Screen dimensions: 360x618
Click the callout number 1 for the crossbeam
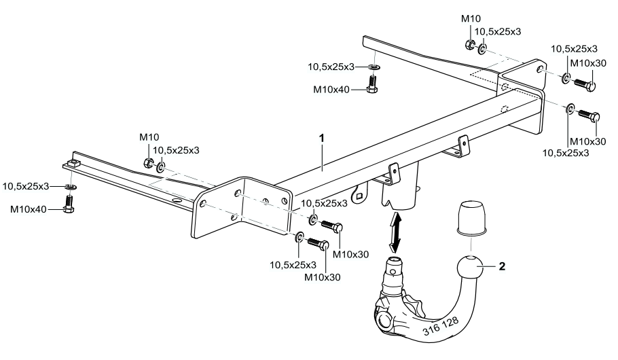[322, 137]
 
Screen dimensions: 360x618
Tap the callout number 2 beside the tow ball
[502, 267]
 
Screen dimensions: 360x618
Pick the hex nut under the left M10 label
[148, 162]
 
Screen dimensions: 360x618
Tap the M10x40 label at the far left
[28, 209]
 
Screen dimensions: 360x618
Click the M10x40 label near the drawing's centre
[331, 89]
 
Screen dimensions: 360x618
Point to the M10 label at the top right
[471, 18]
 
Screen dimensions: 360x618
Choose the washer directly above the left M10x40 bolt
[70, 185]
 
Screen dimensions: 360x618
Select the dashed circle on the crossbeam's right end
[503, 110]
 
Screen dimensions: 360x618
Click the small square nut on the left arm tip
[71, 162]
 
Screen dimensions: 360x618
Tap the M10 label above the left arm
[149, 137]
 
